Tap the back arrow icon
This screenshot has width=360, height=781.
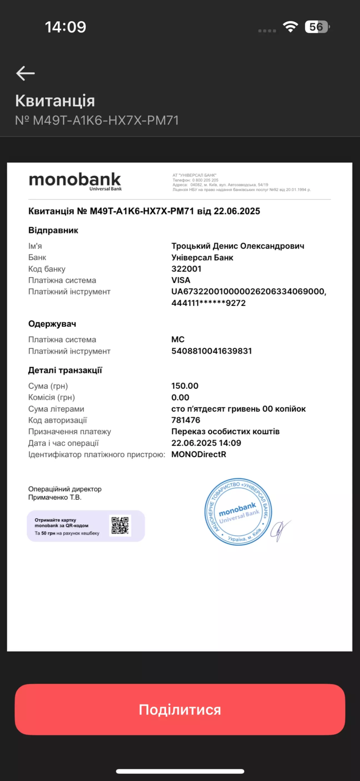(x=26, y=73)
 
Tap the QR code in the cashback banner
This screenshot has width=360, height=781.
(x=120, y=525)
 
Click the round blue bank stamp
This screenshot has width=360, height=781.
(x=238, y=512)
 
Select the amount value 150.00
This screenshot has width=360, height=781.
(x=184, y=386)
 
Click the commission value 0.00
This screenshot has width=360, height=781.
(x=180, y=398)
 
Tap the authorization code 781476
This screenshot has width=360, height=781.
(x=186, y=420)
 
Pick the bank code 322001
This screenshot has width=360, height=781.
(x=186, y=269)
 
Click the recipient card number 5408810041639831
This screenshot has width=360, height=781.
(x=211, y=351)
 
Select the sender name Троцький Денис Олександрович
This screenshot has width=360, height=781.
(x=237, y=246)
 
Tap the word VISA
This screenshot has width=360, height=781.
(x=181, y=280)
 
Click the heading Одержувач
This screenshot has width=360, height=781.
(x=52, y=324)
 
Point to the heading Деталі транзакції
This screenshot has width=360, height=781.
(x=65, y=370)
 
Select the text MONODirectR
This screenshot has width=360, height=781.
(x=199, y=455)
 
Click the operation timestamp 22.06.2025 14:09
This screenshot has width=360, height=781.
(x=206, y=443)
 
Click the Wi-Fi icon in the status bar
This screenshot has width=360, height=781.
(x=290, y=27)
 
